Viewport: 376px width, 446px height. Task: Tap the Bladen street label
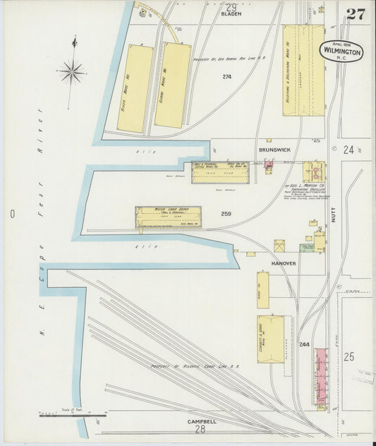(231, 13)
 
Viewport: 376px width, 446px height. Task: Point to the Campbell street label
(200, 421)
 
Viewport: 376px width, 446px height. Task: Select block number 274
(226, 76)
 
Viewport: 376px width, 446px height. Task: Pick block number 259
(226, 214)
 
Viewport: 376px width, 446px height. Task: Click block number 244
(304, 344)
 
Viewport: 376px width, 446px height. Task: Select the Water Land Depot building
(168, 218)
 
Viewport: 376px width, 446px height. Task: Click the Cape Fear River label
(41, 226)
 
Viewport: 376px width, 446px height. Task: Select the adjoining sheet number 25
(348, 357)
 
